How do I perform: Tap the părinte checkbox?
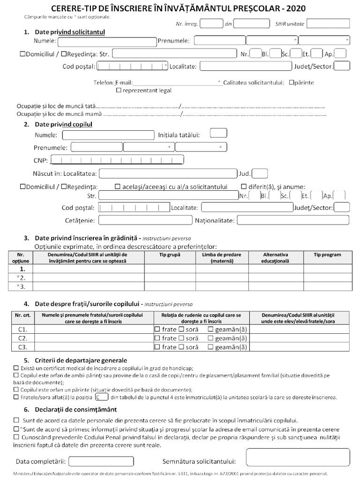tap(292, 82)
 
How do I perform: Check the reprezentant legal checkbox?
tap(119, 90)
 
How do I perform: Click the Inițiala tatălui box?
tap(218, 133)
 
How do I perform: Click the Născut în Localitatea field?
tap(168, 173)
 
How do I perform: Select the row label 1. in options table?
tap(21, 269)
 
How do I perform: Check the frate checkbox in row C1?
tap(157, 330)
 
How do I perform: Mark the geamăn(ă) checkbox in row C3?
tap(210, 347)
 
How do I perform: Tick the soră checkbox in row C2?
tap(181, 338)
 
